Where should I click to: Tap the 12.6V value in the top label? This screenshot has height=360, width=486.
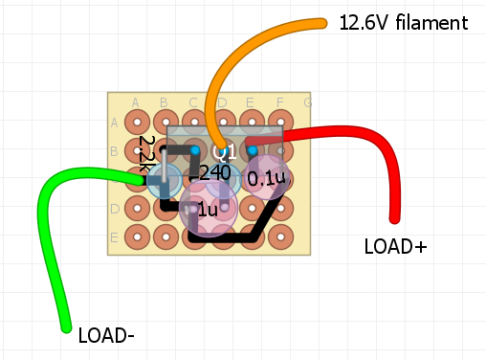[363, 23]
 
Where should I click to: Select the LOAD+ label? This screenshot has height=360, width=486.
[395, 246]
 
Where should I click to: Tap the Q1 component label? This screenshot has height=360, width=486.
[225, 152]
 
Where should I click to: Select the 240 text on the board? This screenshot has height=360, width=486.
[215, 173]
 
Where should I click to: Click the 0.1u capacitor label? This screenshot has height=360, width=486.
[266, 178]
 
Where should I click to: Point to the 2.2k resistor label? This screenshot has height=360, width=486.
[146, 153]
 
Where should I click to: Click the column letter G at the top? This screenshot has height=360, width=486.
[307, 102]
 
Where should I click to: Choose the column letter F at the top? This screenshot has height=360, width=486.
[279, 102]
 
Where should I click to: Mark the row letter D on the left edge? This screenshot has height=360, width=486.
[115, 209]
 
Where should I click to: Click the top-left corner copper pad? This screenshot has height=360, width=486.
[137, 122]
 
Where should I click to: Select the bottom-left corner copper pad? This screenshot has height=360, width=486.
[137, 236]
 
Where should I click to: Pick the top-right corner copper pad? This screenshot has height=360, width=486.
[281, 122]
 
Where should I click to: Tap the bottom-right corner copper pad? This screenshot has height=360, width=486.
[281, 236]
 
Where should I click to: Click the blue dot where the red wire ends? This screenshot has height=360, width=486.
[252, 150]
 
